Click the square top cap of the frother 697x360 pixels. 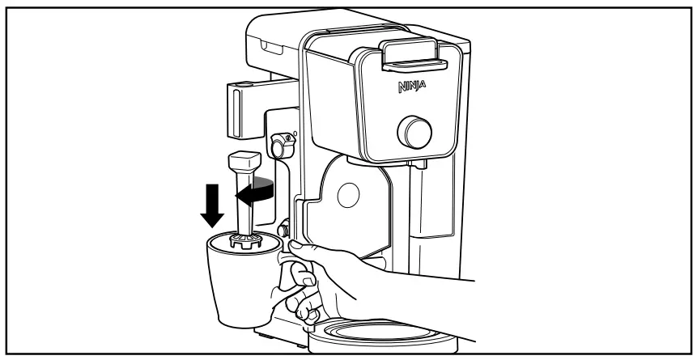243,162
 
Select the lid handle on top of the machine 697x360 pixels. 413,54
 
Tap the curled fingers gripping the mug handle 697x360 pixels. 304,303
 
